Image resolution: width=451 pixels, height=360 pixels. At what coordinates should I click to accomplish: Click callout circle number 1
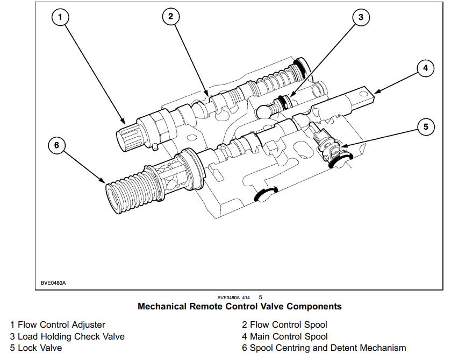(x=60, y=17)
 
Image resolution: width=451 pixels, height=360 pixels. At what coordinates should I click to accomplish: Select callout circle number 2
(x=170, y=16)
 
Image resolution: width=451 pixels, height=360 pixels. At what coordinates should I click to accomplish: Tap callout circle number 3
(x=361, y=17)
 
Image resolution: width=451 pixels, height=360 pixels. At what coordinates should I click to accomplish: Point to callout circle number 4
(x=425, y=68)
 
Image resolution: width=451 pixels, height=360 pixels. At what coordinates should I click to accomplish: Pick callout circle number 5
(x=426, y=127)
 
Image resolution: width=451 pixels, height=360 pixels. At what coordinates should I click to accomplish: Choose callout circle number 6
(x=56, y=145)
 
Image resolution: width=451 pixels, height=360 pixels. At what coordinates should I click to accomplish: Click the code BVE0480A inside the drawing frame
(x=53, y=283)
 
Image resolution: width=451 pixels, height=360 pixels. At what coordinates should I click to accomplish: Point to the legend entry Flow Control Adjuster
(x=58, y=324)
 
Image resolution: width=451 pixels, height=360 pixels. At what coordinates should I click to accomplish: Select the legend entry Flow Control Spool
(x=284, y=324)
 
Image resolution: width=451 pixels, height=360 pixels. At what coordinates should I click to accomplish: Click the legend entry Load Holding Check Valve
(x=67, y=336)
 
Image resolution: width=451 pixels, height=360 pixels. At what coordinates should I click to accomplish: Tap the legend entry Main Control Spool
(x=284, y=336)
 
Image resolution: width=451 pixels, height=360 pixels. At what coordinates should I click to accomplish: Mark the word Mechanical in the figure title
(x=163, y=306)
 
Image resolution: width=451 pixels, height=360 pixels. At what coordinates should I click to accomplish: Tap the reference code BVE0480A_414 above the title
(x=233, y=297)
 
